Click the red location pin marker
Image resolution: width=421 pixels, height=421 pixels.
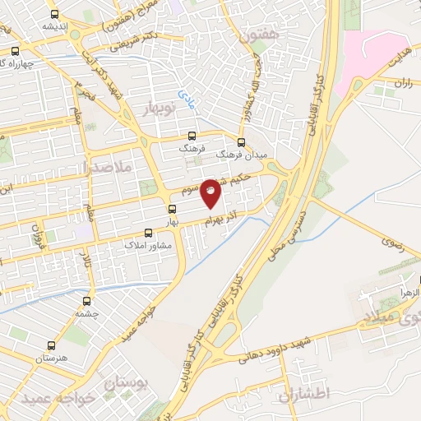(211, 192)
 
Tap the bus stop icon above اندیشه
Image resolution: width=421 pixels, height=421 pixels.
(54, 15)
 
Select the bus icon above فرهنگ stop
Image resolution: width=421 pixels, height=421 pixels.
(192, 137)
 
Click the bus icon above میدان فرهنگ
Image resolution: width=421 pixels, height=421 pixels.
(243, 141)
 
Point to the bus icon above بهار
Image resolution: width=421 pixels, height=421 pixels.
(173, 209)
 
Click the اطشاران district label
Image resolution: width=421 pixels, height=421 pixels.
(303, 395)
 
